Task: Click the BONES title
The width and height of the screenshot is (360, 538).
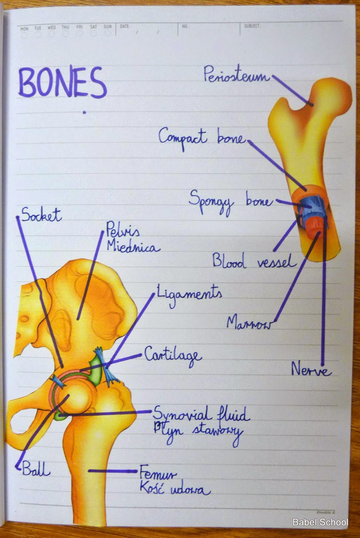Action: click(62, 83)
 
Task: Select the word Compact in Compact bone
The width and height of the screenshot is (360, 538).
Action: click(183, 137)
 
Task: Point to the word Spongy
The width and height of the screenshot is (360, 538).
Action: click(210, 201)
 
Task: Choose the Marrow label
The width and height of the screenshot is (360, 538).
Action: click(248, 323)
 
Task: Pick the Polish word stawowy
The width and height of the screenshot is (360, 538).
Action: click(217, 432)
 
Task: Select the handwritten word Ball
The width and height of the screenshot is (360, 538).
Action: click(36, 469)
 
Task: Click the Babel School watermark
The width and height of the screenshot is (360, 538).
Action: click(320, 522)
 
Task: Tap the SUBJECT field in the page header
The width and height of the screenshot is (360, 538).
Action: click(252, 26)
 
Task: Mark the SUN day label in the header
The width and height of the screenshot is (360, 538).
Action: click(107, 27)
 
